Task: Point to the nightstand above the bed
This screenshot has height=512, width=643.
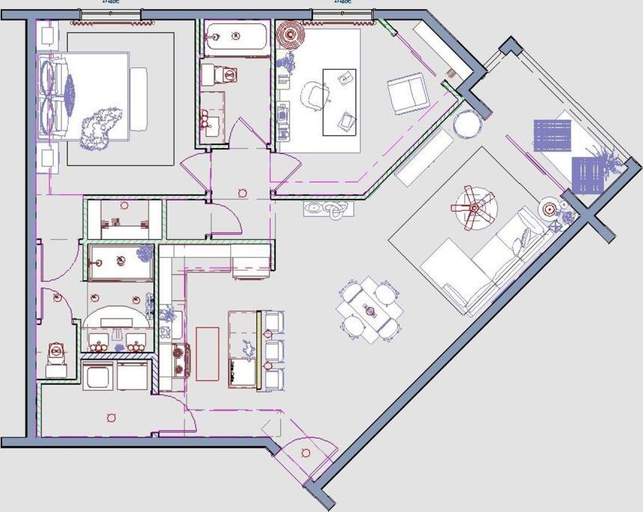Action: (46, 35)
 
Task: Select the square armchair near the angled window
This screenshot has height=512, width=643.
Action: (407, 93)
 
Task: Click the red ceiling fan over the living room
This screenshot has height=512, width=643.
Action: (473, 207)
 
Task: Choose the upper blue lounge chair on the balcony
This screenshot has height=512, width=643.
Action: (553, 135)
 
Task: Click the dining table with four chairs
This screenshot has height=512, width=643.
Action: (370, 309)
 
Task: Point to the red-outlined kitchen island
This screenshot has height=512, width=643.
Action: (207, 354)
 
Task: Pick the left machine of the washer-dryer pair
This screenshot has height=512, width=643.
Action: (99, 376)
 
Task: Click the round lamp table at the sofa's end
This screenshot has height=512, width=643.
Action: (551, 210)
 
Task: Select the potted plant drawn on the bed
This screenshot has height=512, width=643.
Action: (100, 125)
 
